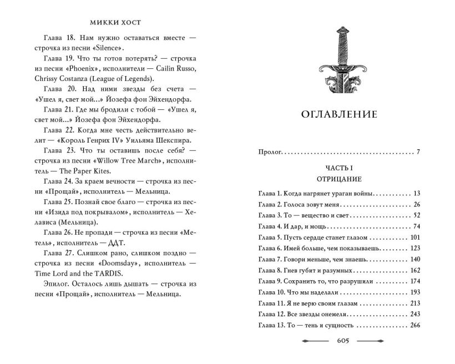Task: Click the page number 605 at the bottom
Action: (340, 340)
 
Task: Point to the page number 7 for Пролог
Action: (418, 151)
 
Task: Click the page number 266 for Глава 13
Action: (414, 326)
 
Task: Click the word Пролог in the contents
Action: (270, 151)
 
